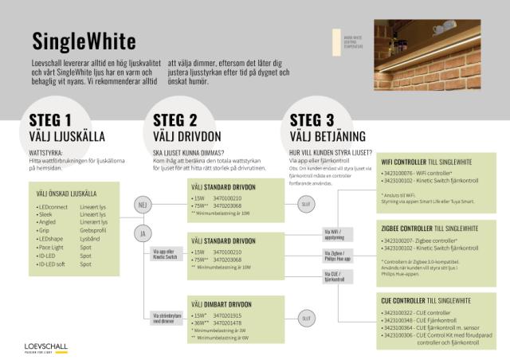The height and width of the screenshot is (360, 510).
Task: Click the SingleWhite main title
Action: (84, 41)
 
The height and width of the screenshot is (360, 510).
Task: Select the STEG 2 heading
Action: (175, 120)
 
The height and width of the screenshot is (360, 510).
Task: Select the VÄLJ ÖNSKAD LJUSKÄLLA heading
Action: (67, 193)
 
